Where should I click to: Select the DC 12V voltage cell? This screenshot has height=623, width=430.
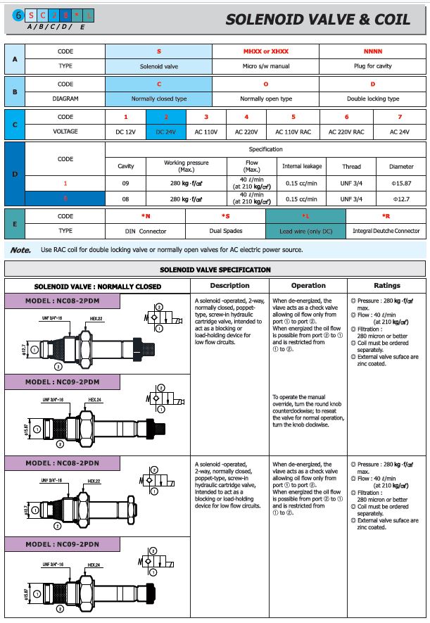[x=125, y=132]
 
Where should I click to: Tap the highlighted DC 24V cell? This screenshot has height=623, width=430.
[x=165, y=132]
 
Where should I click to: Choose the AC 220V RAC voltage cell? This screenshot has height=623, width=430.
[x=346, y=132]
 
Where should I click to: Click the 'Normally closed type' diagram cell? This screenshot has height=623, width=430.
[x=159, y=99]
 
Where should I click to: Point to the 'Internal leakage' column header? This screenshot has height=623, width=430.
[x=302, y=167]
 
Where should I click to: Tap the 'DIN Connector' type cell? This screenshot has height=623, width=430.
[x=145, y=231]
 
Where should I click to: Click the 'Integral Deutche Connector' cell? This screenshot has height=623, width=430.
[x=386, y=231]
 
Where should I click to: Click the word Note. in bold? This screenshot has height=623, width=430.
[x=20, y=249]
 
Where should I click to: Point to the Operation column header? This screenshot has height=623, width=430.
[x=308, y=286]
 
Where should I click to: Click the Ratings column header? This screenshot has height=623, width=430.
[x=386, y=286]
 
